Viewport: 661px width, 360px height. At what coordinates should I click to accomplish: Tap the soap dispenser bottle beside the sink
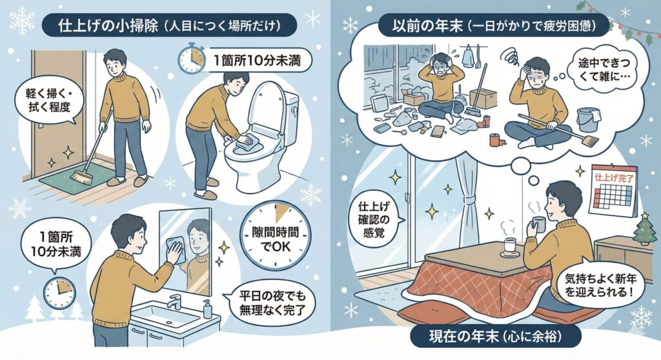208,309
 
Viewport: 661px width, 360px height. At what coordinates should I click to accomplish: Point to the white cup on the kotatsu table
509,245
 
